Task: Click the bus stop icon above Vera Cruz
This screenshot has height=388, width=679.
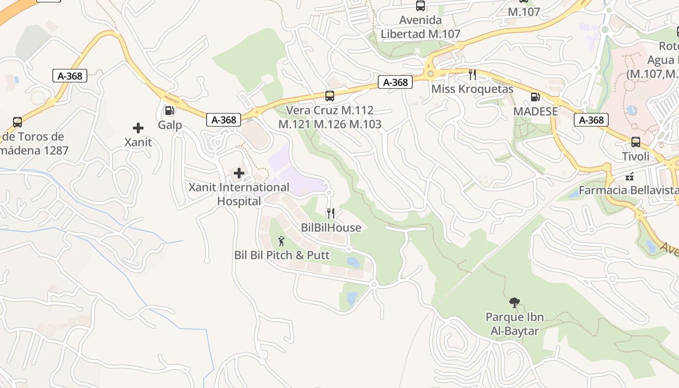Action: click(330, 96)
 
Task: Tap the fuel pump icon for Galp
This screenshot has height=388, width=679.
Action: click(169, 111)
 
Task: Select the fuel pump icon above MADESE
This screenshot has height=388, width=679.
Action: click(535, 97)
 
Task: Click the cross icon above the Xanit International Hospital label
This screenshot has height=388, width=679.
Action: click(239, 173)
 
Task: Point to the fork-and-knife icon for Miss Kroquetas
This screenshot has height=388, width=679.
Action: click(472, 75)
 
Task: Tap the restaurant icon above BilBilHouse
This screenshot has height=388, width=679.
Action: click(331, 213)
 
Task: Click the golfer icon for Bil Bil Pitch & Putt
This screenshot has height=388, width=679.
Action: click(281, 241)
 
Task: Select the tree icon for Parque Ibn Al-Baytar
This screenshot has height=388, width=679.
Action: click(514, 303)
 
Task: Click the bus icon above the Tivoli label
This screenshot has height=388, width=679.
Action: click(635, 142)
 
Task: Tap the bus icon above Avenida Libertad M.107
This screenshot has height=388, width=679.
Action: click(420, 6)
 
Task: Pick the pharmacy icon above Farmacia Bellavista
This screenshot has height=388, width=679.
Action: click(630, 177)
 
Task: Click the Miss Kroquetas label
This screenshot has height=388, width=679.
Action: click(472, 89)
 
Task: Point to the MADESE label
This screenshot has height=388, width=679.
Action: click(535, 111)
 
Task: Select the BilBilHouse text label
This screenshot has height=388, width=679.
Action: click(331, 227)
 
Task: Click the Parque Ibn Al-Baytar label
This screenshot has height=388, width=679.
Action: click(515, 324)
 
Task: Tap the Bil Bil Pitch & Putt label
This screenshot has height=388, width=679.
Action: click(282, 255)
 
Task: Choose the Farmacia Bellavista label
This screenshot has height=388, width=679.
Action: click(629, 190)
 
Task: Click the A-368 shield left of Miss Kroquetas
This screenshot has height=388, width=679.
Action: click(395, 82)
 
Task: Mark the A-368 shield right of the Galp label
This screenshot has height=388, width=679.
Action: click(224, 120)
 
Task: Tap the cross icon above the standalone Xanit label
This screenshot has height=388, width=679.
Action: click(138, 128)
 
